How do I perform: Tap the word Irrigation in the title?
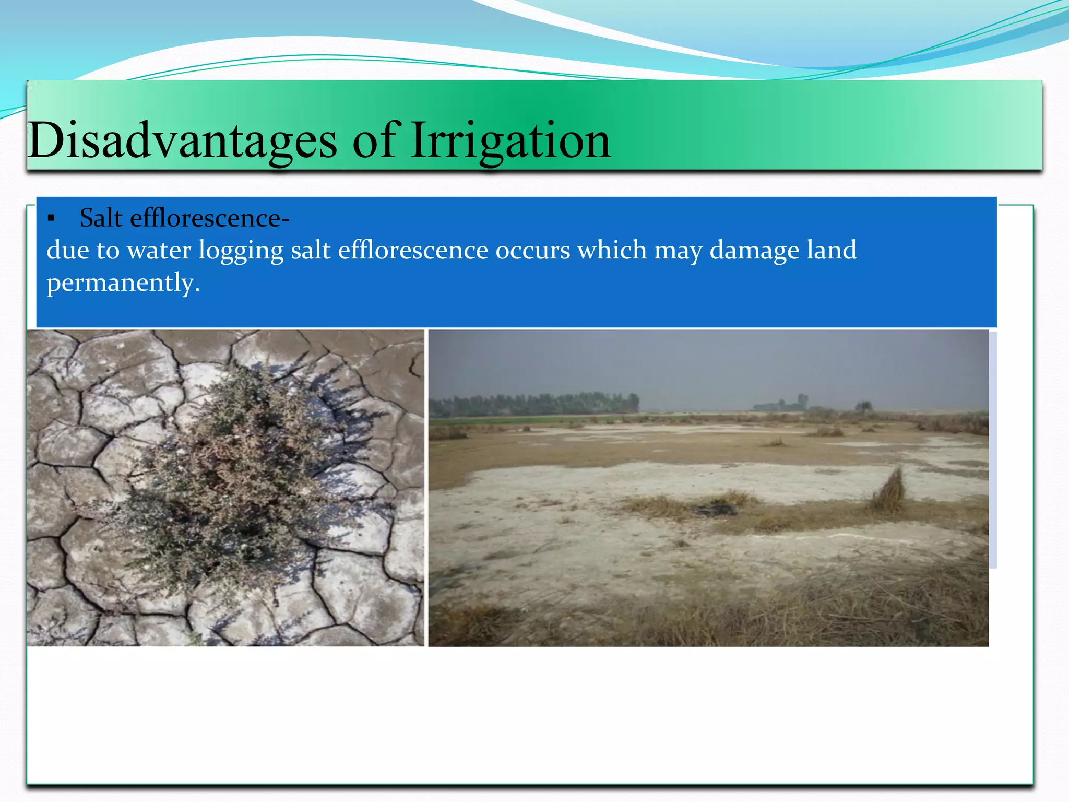click(x=510, y=140)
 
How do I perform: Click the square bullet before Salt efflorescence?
click(x=51, y=219)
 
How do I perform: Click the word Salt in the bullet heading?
click(x=101, y=218)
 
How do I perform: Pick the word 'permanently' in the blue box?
click(x=123, y=283)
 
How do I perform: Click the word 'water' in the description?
click(x=159, y=251)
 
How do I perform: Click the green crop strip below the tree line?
click(x=522, y=419)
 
